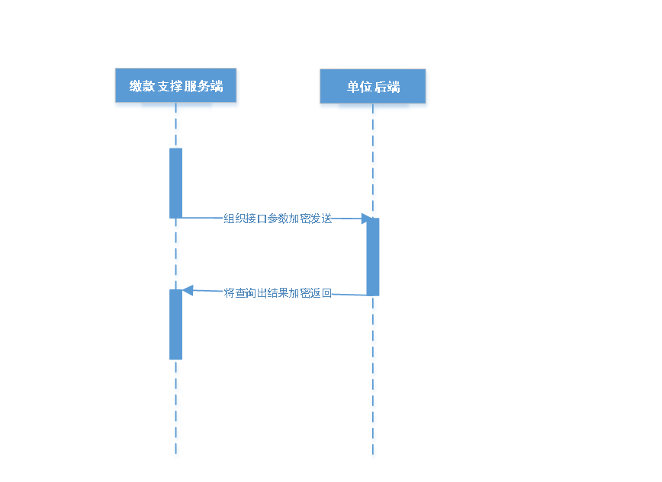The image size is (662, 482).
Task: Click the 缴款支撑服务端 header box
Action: point(176,88)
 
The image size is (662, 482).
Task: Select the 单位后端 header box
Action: point(373,88)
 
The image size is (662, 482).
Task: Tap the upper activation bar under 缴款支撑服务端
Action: point(176,183)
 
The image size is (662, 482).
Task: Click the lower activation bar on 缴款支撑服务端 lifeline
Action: point(176,324)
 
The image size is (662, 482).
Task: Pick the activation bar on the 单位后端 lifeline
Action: point(373,256)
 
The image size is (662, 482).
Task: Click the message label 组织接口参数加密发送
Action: point(278,219)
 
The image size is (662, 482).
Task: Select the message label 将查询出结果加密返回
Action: point(278,293)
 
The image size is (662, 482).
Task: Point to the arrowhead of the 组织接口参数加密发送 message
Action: point(368,219)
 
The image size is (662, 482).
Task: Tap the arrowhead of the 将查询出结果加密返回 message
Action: point(188,290)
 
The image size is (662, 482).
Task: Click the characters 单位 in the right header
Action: point(359,87)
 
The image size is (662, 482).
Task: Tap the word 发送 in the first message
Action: point(323,219)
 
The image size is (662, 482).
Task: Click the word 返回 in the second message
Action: point(323,293)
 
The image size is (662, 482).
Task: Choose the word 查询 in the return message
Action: point(246,293)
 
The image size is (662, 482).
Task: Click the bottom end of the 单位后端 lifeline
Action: point(374,456)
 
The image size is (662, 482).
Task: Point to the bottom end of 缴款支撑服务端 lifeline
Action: point(177,456)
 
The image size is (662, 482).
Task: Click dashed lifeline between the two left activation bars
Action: point(177,254)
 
